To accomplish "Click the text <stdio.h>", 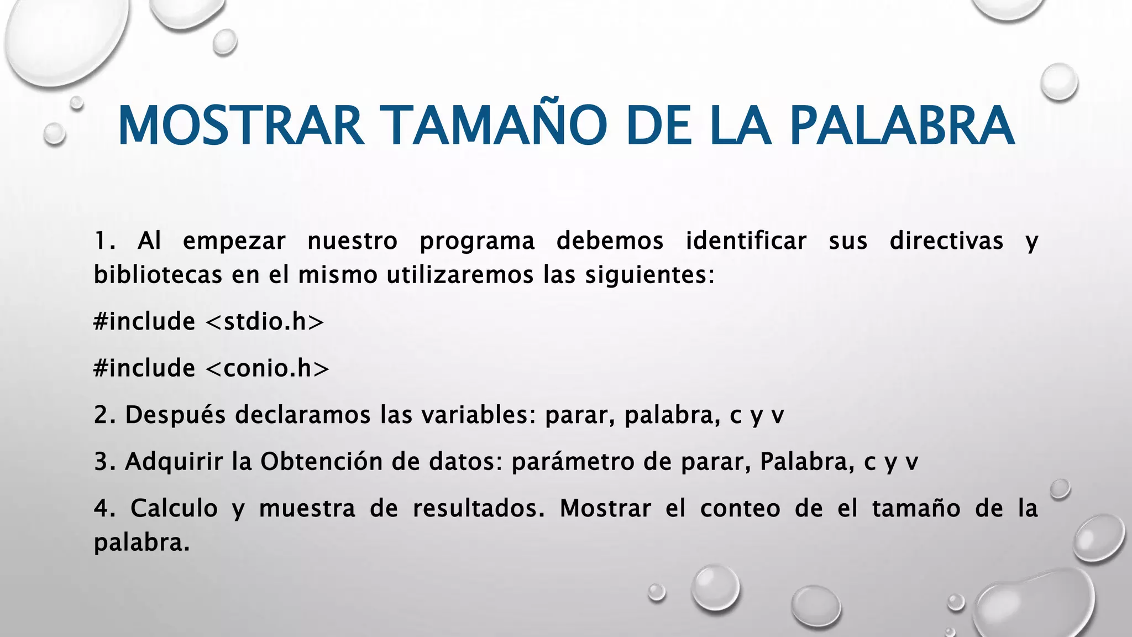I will point(264,321).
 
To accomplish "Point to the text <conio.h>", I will point(267,368).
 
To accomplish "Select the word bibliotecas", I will point(158,275).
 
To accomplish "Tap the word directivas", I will point(946,241).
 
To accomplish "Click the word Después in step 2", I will point(175,415).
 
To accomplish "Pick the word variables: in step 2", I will point(479,415).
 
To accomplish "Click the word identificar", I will point(746,241).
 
